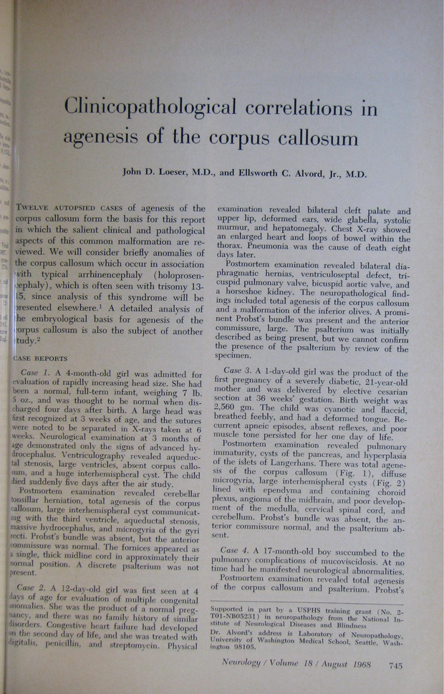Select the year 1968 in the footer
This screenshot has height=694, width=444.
point(367,665)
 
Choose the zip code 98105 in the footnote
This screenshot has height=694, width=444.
point(244,646)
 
